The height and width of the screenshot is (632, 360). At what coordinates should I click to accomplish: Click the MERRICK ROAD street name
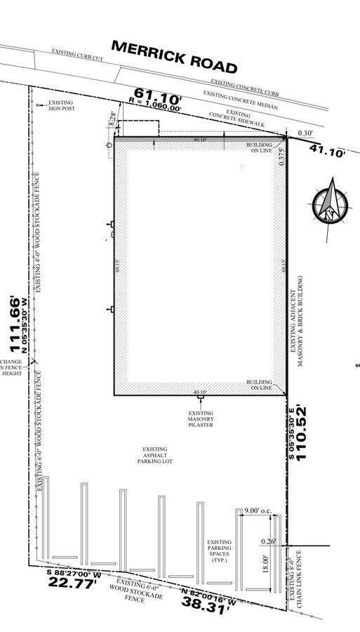pyautogui.click(x=174, y=57)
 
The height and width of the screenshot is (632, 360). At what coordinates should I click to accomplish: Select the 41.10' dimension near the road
pyautogui.click(x=328, y=150)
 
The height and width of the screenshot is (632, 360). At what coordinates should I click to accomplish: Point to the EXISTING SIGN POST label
pyautogui.click(x=61, y=105)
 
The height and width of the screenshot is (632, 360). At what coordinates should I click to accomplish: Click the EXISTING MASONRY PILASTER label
pyautogui.click(x=201, y=419)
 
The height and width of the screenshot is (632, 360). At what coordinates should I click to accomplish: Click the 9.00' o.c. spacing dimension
pyautogui.click(x=260, y=510)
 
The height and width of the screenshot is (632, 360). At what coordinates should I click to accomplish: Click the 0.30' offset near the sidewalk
pyautogui.click(x=305, y=133)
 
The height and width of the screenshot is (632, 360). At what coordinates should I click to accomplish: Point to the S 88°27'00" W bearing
pyautogui.click(x=74, y=573)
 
